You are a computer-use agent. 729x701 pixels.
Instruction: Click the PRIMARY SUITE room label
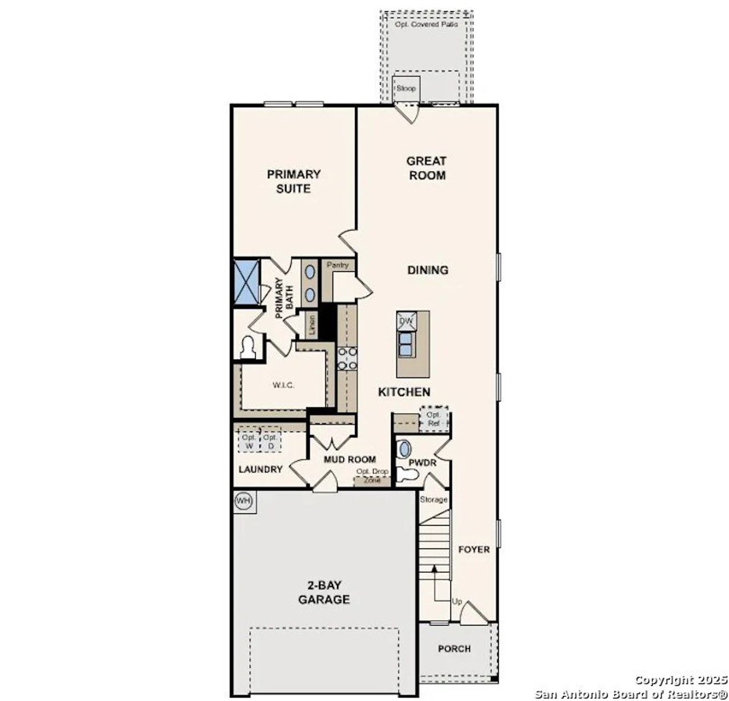(x=293, y=181)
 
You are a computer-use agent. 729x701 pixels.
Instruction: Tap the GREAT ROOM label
(x=427, y=168)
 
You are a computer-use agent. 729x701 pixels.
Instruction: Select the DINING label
(x=428, y=270)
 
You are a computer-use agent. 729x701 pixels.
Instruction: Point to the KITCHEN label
(x=404, y=392)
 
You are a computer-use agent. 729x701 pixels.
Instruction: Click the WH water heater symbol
(x=244, y=501)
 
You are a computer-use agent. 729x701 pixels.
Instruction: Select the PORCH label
(x=454, y=649)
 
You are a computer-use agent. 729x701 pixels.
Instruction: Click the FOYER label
(x=474, y=550)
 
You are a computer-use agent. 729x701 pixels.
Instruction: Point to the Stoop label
(x=406, y=89)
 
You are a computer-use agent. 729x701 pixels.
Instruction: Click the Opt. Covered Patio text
(x=426, y=24)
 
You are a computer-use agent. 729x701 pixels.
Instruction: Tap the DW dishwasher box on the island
(x=406, y=321)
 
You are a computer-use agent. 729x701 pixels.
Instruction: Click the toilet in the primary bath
(x=248, y=348)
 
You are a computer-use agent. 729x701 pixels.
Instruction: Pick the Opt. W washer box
(x=248, y=442)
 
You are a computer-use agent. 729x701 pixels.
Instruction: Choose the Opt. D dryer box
(x=271, y=442)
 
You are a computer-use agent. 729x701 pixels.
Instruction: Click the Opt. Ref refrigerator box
(x=435, y=420)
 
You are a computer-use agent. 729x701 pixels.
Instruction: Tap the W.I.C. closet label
(x=283, y=386)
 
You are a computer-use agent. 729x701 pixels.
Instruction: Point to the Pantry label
(x=338, y=265)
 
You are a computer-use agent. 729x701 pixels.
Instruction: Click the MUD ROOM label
(x=350, y=460)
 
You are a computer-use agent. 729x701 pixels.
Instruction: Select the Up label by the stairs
(x=457, y=602)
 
